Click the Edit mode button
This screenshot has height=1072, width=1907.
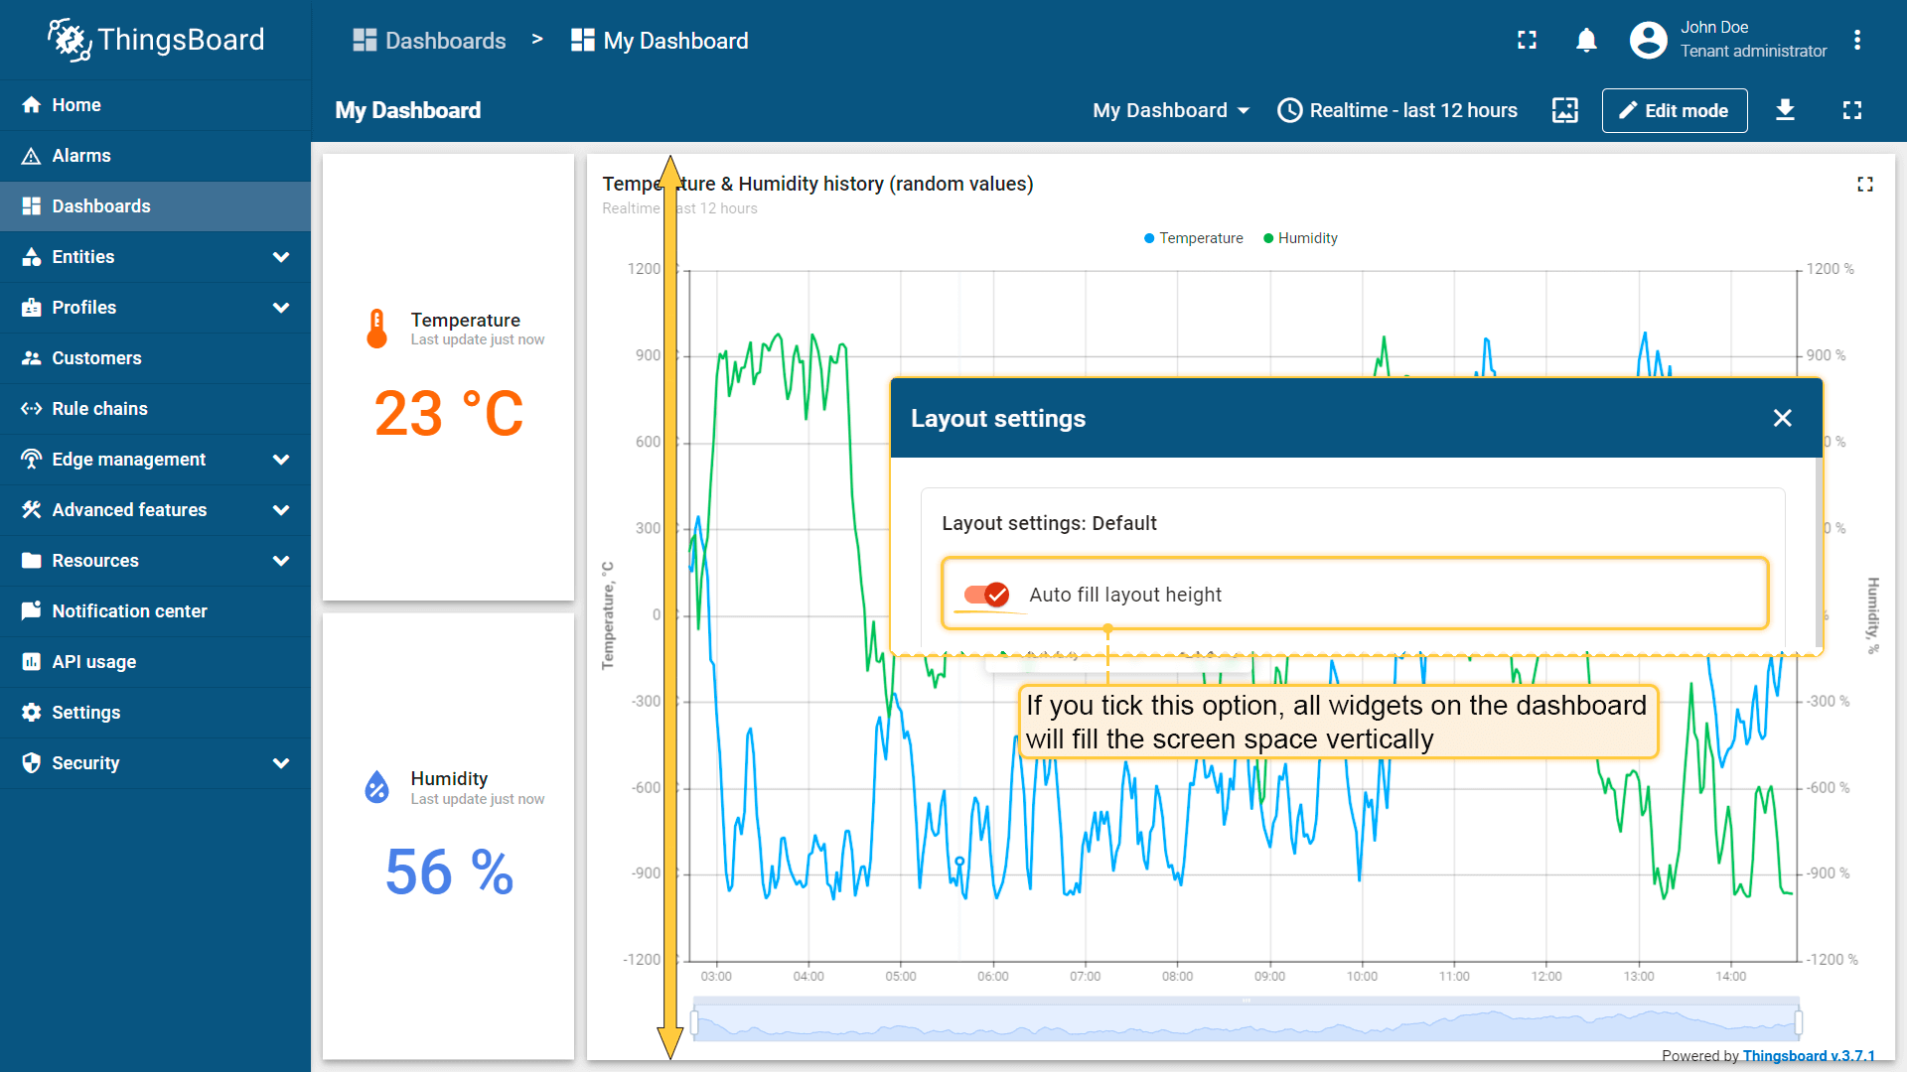coord(1674,110)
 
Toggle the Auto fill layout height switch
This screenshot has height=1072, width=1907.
coord(986,595)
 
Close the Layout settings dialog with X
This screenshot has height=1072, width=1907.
coord(1782,418)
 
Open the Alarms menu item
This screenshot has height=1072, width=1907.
coord(81,156)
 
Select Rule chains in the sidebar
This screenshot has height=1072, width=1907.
coord(99,409)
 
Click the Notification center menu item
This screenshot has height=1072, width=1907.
coord(129,611)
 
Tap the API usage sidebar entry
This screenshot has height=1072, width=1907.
coord(93,662)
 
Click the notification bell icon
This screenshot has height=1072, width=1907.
coord(1586,41)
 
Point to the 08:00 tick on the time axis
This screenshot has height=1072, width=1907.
coord(1177,977)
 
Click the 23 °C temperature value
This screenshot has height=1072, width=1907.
coord(449,413)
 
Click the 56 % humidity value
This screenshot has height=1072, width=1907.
coord(449,872)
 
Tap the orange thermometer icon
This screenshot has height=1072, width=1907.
coord(376,329)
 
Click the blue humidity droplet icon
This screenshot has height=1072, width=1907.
coord(376,787)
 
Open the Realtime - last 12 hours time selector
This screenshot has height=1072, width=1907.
coord(1397,110)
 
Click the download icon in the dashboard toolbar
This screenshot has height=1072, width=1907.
coord(1785,110)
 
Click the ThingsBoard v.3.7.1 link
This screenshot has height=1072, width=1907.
coord(1809,1056)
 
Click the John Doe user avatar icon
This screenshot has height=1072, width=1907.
coord(1648,41)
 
